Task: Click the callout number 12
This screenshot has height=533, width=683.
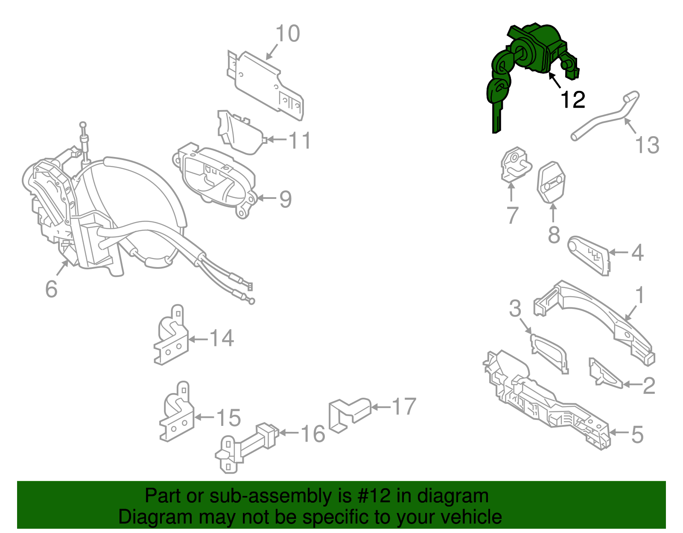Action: click(x=572, y=100)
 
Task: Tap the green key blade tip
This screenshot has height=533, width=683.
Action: click(x=496, y=128)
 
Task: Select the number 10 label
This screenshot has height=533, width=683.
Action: click(x=288, y=34)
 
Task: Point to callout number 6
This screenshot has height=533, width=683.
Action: click(x=51, y=289)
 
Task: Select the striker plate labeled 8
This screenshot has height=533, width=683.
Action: click(x=551, y=182)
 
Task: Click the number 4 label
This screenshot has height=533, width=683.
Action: click(x=637, y=253)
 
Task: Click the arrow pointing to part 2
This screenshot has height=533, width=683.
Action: click(x=632, y=384)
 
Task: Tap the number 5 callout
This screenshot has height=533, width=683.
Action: click(x=637, y=434)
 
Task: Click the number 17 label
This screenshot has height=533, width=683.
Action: click(x=404, y=406)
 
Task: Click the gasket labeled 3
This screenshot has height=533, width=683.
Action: click(x=551, y=352)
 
